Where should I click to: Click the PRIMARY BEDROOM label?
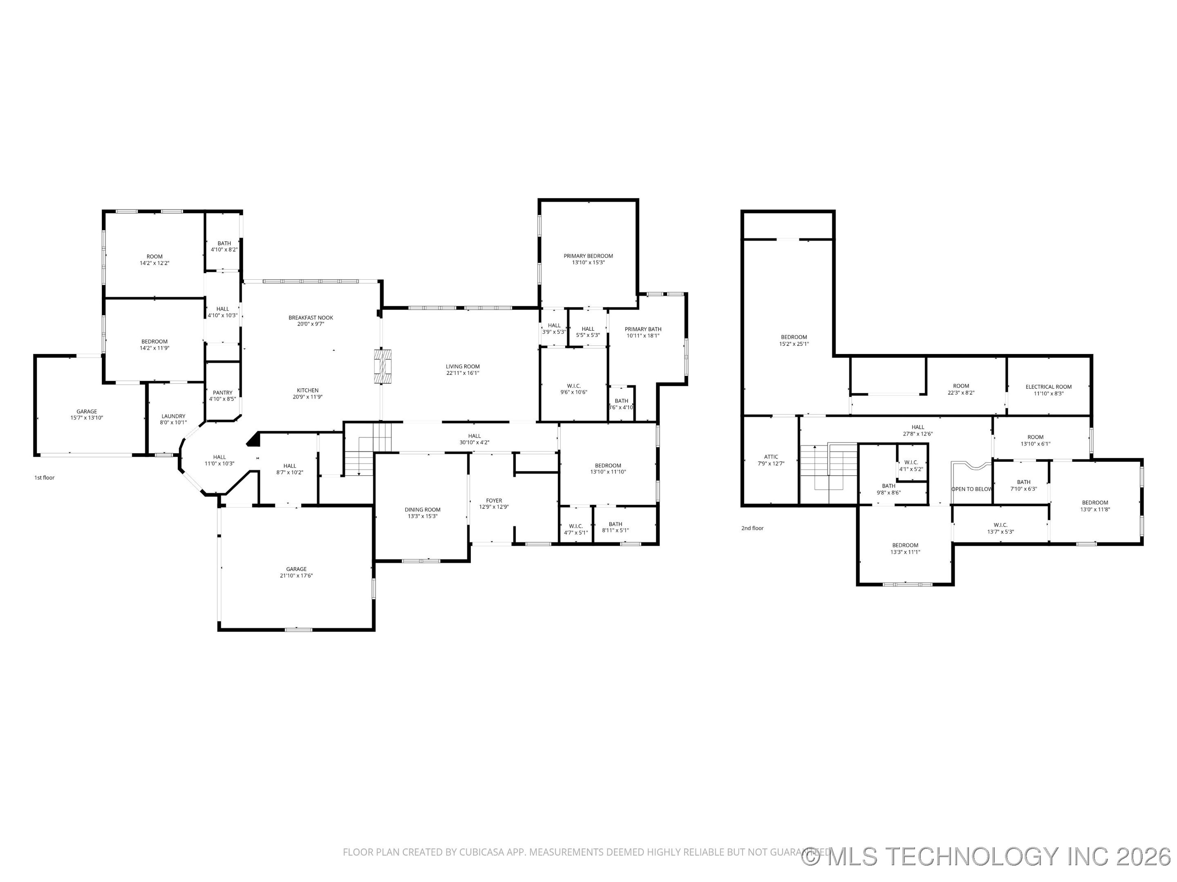[588, 256]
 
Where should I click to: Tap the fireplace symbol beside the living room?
[382, 366]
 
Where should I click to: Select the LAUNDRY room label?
[173, 416]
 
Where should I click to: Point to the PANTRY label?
[222, 393]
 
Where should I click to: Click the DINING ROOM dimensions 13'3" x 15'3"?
[423, 516]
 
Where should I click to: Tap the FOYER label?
[494, 501]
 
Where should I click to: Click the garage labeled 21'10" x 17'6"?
[296, 572]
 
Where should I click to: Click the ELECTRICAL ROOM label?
[1048, 387]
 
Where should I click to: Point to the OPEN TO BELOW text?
[971, 489]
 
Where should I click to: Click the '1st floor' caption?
[45, 477]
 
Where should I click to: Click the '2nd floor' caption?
[752, 528]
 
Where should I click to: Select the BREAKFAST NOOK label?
[311, 317]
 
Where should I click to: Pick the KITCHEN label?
[308, 390]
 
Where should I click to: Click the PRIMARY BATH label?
[643, 329]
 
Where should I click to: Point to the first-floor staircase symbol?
[367, 449]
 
